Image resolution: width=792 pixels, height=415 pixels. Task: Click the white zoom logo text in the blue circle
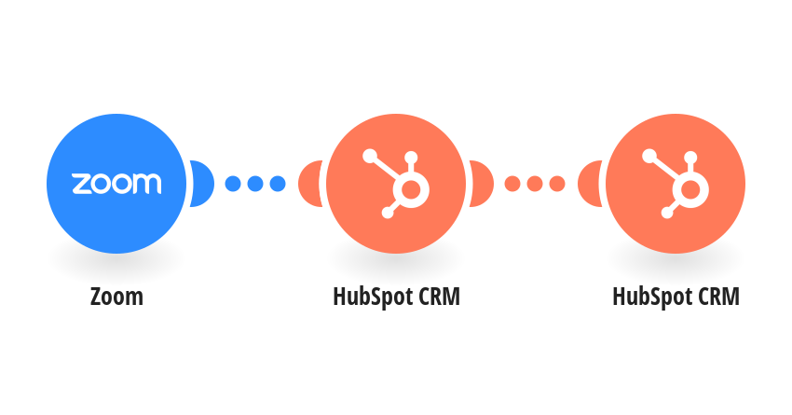point(116,184)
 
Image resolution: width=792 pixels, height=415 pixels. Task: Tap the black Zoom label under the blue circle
point(116,297)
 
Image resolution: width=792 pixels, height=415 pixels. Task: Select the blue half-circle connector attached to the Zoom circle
point(202,184)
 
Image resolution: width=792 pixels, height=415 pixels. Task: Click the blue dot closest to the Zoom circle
point(233,184)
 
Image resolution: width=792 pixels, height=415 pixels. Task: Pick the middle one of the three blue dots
point(255,184)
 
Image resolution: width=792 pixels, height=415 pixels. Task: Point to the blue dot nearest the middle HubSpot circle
point(278,184)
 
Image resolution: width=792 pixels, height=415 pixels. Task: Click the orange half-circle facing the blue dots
point(310,184)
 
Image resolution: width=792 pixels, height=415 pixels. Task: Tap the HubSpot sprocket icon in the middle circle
point(396,184)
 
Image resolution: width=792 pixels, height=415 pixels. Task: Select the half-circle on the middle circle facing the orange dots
point(482,184)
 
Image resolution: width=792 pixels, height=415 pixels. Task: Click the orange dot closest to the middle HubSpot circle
point(512,184)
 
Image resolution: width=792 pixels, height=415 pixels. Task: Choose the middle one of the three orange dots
point(535,184)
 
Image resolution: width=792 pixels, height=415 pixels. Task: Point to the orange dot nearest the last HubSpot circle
point(557,184)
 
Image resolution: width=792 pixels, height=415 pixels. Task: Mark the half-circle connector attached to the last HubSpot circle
point(590,184)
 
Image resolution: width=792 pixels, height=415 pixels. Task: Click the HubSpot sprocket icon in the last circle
point(676,184)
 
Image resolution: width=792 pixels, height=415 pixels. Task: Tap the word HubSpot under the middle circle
point(372,297)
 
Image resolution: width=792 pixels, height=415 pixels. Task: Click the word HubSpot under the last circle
point(651,297)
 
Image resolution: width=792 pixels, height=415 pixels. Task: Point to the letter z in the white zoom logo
point(81,184)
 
